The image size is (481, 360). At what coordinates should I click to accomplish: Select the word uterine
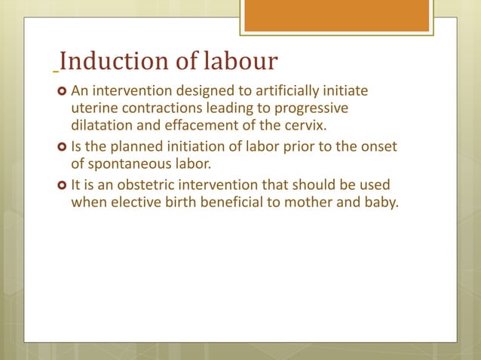coord(93,108)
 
